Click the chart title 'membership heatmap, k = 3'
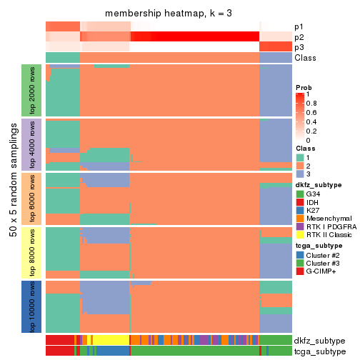(x=169, y=14)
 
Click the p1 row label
(x=298, y=26)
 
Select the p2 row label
(x=298, y=37)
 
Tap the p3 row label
(x=298, y=47)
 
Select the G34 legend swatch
(x=300, y=194)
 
